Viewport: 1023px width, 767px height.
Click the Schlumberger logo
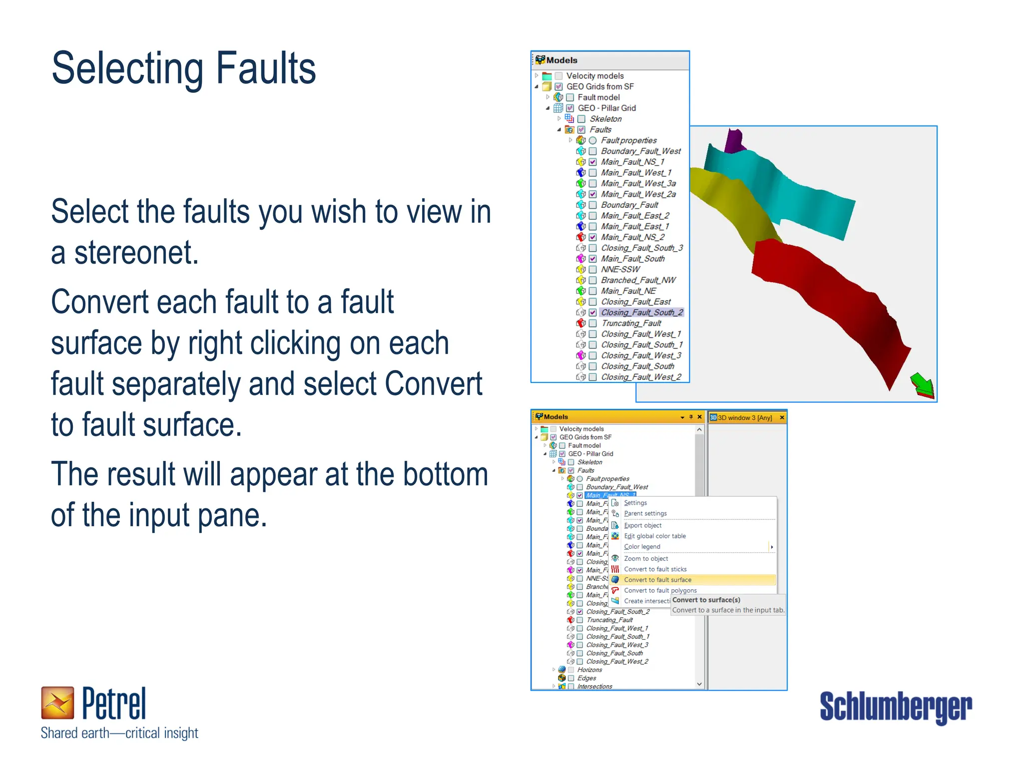[895, 707]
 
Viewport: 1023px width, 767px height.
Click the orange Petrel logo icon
[57, 703]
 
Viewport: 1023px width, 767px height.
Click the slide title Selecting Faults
[183, 68]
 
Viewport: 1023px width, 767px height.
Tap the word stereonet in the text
[136, 253]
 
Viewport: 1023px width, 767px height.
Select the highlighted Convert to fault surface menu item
[657, 580]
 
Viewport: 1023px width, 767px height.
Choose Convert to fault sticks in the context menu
[655, 569]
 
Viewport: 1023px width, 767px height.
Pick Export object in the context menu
[642, 525]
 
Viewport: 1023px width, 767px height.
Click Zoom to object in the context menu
[645, 559]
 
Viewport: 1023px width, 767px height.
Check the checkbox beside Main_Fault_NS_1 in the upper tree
[592, 162]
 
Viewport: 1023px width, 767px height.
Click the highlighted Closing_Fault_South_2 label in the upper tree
[641, 313]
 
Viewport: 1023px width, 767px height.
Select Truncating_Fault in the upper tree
[631, 323]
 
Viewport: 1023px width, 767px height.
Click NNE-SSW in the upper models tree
[620, 269]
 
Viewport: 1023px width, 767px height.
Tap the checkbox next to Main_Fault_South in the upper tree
[592, 259]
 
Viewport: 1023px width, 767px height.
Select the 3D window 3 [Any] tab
[744, 417]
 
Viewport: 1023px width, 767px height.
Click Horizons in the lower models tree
[589, 670]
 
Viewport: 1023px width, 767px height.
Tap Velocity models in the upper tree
[594, 76]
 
